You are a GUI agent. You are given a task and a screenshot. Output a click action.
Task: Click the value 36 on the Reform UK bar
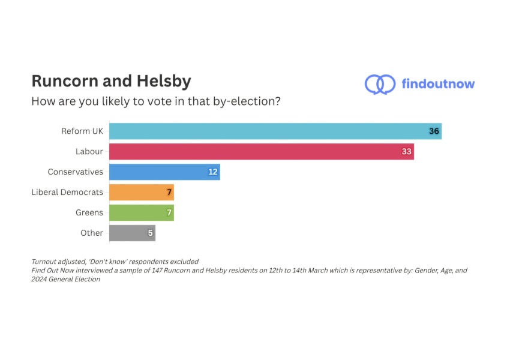tap(434, 131)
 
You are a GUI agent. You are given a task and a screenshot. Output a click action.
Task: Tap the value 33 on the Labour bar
tap(406, 151)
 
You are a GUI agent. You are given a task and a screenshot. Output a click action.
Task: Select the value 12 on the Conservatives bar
tap(212, 172)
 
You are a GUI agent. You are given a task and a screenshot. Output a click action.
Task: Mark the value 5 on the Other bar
tap(151, 233)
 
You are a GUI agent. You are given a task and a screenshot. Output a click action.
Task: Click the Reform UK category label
tap(82, 131)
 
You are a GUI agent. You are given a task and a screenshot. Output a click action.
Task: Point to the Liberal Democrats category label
tap(67, 192)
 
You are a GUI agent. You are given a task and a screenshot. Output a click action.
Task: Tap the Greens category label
tap(89, 212)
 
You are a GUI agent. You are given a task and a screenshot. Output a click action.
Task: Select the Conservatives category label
tap(76, 172)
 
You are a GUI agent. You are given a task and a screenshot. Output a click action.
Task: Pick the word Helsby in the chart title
tap(161, 80)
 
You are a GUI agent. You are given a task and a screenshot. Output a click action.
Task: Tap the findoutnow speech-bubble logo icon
tap(379, 84)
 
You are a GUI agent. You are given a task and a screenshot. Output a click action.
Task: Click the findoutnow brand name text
tap(438, 84)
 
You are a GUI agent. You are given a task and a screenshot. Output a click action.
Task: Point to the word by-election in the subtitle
tap(248, 101)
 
